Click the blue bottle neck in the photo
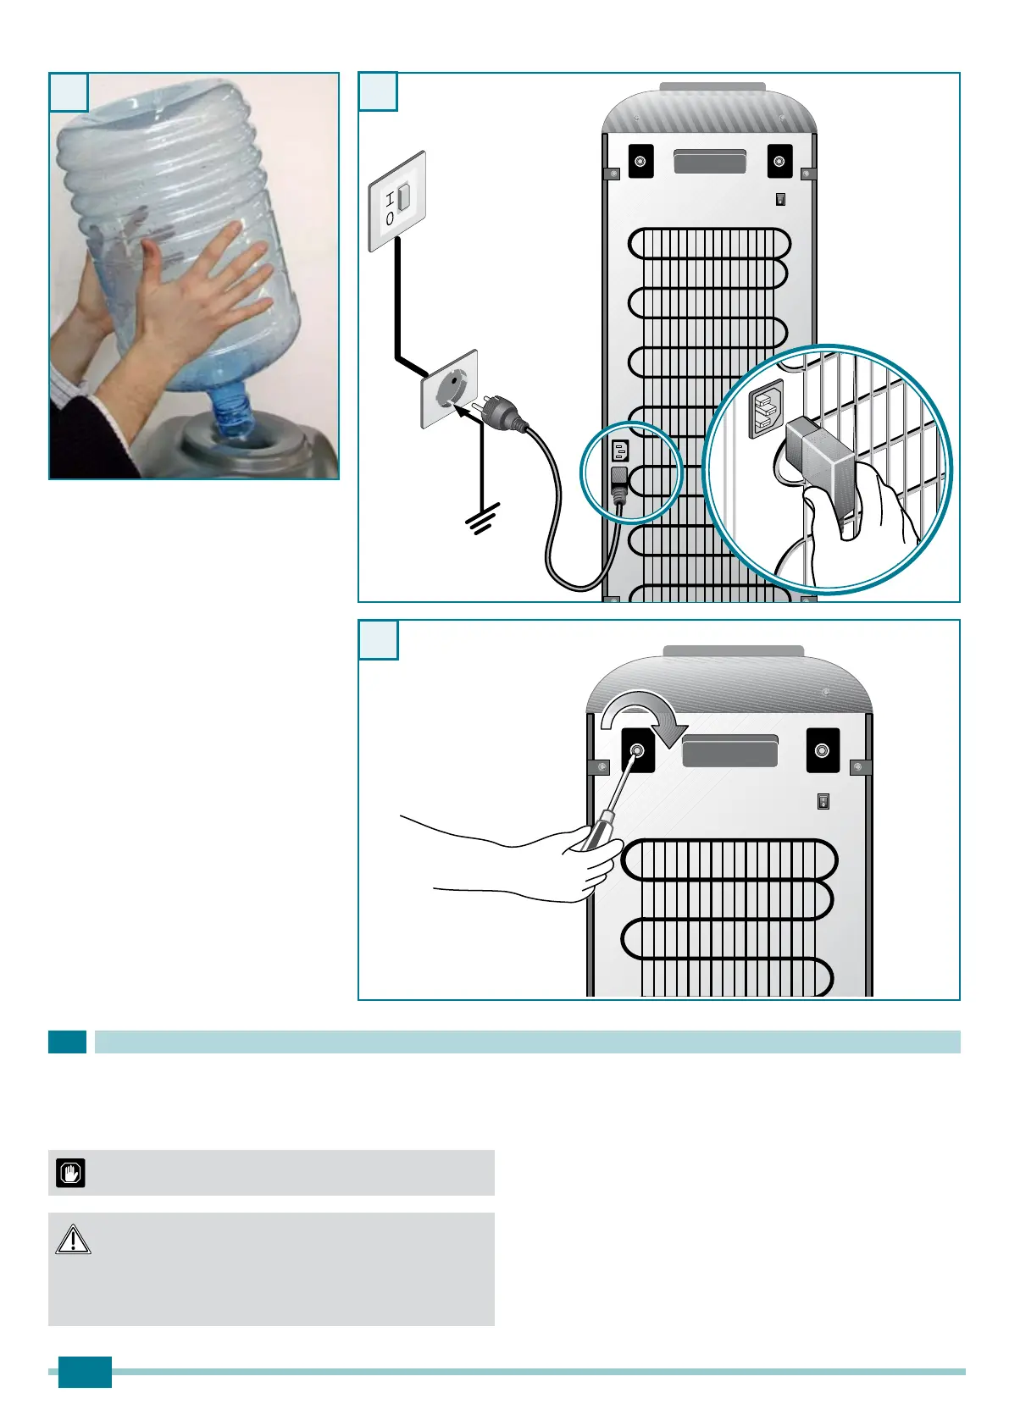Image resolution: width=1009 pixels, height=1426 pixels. click(x=231, y=414)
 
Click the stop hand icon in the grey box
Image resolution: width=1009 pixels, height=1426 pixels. click(x=70, y=1173)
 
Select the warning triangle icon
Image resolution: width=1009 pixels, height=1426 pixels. click(x=73, y=1240)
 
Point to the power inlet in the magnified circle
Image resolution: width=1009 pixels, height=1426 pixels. click(x=765, y=409)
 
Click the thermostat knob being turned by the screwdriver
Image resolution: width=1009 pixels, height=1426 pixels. click(x=637, y=750)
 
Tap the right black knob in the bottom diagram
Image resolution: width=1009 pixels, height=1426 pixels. click(x=821, y=750)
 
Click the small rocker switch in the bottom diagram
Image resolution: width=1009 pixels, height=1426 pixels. click(x=823, y=801)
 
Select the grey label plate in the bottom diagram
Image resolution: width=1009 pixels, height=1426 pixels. click(x=729, y=751)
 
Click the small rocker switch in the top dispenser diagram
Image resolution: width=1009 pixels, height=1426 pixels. click(x=780, y=200)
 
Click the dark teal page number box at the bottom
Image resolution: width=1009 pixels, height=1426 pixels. click(x=85, y=1372)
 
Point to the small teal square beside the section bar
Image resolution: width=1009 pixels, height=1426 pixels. click(x=67, y=1042)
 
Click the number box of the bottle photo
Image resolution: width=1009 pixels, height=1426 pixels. click(x=69, y=91)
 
